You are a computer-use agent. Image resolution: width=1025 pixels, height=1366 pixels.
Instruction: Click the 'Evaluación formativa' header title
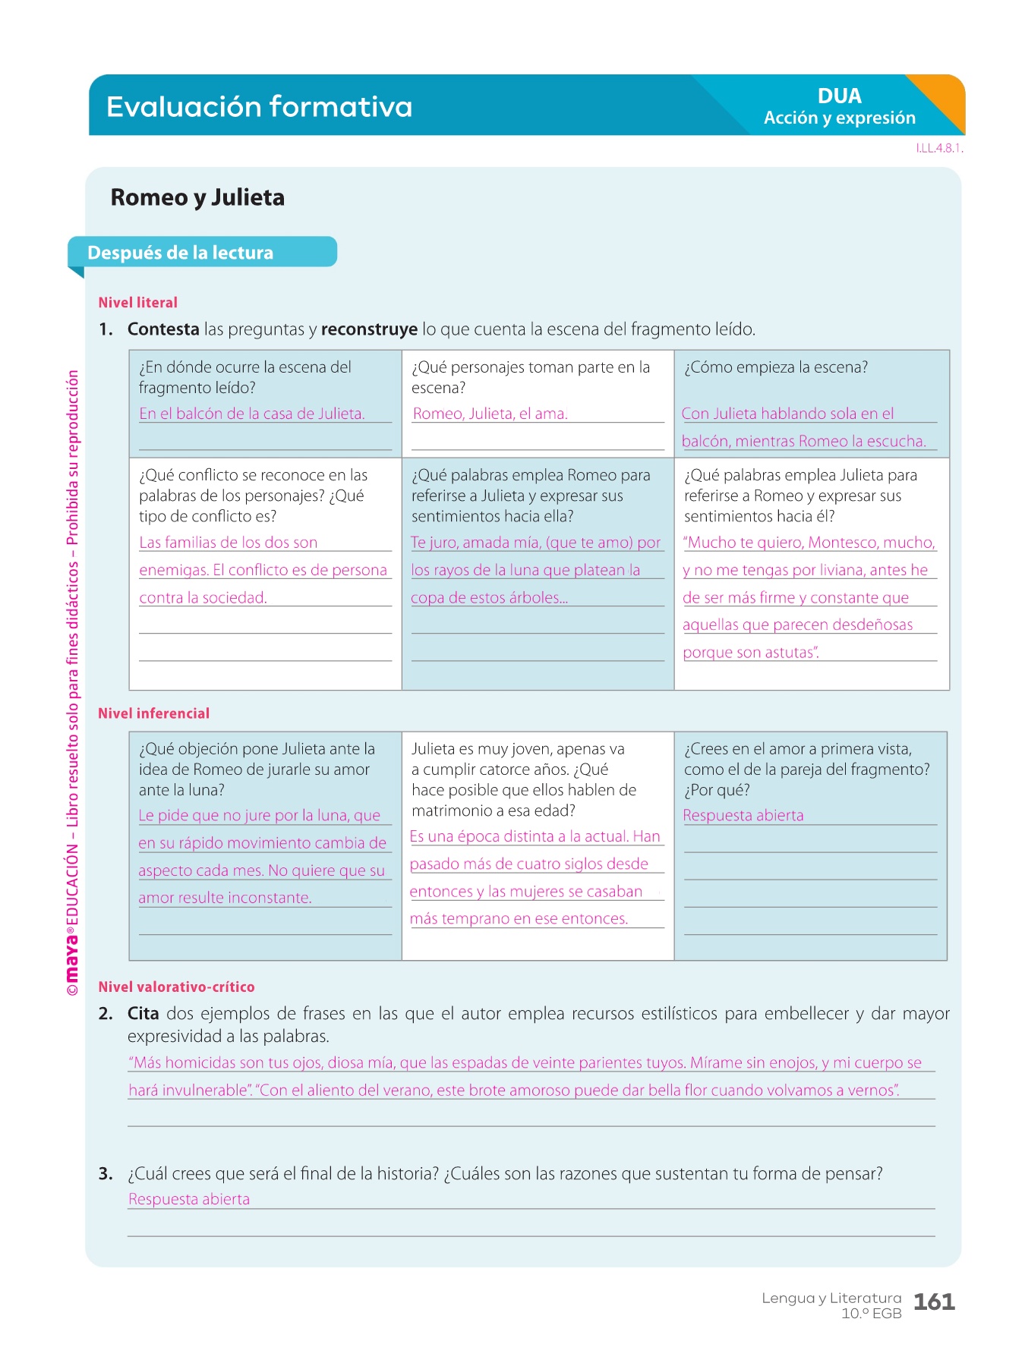pyautogui.click(x=259, y=107)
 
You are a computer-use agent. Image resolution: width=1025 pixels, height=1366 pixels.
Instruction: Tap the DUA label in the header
pyautogui.click(x=839, y=96)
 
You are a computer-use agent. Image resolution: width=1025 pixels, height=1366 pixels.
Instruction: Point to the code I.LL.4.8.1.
pyautogui.click(x=939, y=149)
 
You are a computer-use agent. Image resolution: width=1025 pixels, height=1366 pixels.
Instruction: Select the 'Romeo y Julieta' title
pyautogui.click(x=197, y=197)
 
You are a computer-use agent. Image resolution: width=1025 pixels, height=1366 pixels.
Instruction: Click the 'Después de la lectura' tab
pyautogui.click(x=181, y=253)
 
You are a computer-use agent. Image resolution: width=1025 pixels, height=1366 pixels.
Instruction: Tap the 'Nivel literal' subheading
pyautogui.click(x=137, y=303)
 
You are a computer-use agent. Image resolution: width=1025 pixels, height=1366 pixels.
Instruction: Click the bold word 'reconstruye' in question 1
pyautogui.click(x=369, y=329)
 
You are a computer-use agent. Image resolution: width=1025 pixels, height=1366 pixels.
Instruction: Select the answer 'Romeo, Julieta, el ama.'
pyautogui.click(x=490, y=414)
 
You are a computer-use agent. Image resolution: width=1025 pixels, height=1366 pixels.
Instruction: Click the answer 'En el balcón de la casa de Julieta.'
pyautogui.click(x=251, y=414)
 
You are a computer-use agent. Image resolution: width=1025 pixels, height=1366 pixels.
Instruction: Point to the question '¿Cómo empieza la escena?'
pyautogui.click(x=775, y=367)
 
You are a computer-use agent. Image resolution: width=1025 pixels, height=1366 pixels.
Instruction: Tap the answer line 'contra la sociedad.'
pyautogui.click(x=203, y=598)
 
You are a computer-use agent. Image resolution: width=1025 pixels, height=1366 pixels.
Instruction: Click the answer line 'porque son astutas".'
pyautogui.click(x=750, y=653)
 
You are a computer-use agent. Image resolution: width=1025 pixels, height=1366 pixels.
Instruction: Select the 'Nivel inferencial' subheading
pyautogui.click(x=153, y=713)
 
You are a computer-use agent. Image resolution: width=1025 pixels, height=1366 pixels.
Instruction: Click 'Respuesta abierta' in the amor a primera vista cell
pyautogui.click(x=743, y=816)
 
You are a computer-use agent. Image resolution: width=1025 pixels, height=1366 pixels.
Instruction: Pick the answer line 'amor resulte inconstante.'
pyautogui.click(x=225, y=898)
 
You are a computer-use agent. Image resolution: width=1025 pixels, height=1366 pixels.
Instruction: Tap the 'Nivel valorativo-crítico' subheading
pyautogui.click(x=176, y=987)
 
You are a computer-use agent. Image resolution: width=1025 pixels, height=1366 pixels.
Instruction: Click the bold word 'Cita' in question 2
pyautogui.click(x=143, y=1014)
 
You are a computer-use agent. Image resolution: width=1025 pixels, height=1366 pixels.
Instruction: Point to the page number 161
pyautogui.click(x=934, y=1302)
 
